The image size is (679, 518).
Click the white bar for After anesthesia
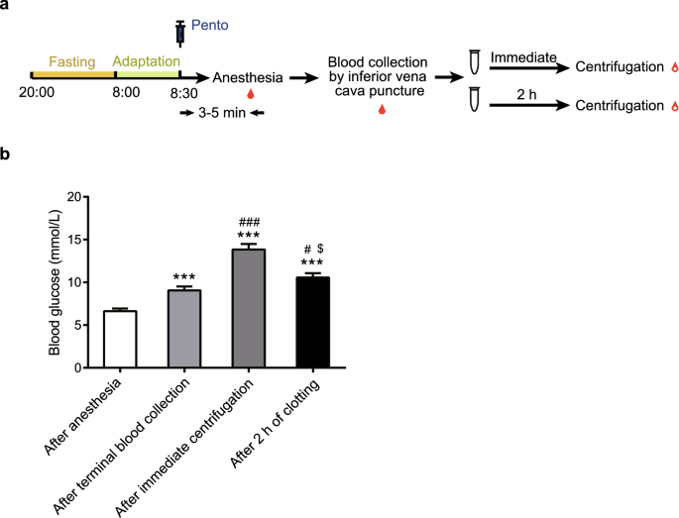(120, 339)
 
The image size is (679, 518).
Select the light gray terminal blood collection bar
(183, 328)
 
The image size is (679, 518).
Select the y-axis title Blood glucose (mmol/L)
(56, 281)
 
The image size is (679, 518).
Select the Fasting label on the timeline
(70, 62)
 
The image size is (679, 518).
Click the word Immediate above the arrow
(523, 58)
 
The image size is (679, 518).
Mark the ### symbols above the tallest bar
(248, 223)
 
